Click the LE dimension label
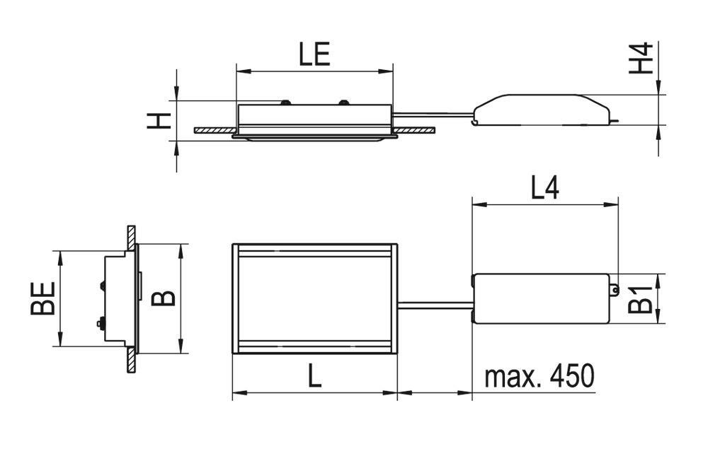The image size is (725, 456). coord(314,54)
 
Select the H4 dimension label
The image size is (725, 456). coord(641,58)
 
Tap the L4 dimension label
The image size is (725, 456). coord(544,188)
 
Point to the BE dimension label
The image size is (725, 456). coord(42,298)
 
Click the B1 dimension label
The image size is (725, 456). coord(640,300)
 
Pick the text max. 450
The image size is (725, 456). coord(539,376)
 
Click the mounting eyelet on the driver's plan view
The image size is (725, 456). coord(614,289)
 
